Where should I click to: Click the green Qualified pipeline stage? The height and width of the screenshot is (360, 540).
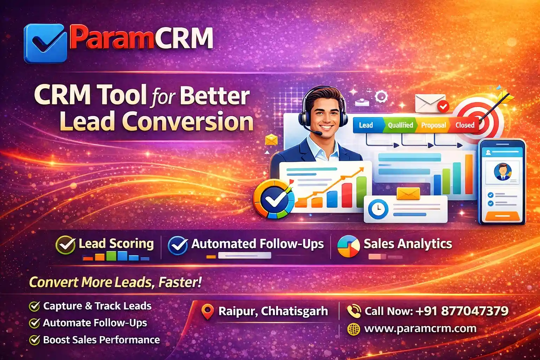tap(400, 125)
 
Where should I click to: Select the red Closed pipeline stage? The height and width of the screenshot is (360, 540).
tap(465, 125)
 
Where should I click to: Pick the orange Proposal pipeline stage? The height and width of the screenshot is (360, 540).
tap(433, 125)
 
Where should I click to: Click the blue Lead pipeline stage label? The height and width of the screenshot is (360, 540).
tap(366, 125)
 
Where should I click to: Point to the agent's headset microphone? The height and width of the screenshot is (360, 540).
tap(317, 133)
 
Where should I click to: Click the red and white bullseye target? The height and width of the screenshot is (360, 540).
tap(478, 121)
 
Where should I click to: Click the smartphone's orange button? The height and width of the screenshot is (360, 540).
tap(502, 216)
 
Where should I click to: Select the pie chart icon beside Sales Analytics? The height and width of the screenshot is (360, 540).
tap(348, 246)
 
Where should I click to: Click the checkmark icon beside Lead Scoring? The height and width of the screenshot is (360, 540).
tap(66, 245)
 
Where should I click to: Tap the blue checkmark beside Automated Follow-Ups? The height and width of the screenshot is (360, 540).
tap(178, 245)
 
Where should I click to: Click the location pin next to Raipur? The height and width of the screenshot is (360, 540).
tap(207, 311)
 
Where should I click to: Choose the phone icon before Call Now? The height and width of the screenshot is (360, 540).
tap(354, 311)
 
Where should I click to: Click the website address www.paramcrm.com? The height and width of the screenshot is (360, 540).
tap(420, 329)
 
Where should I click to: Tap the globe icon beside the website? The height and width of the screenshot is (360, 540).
tap(354, 329)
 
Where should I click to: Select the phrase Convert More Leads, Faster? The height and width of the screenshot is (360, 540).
tap(115, 282)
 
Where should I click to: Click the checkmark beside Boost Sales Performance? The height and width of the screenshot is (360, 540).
tap(34, 340)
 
